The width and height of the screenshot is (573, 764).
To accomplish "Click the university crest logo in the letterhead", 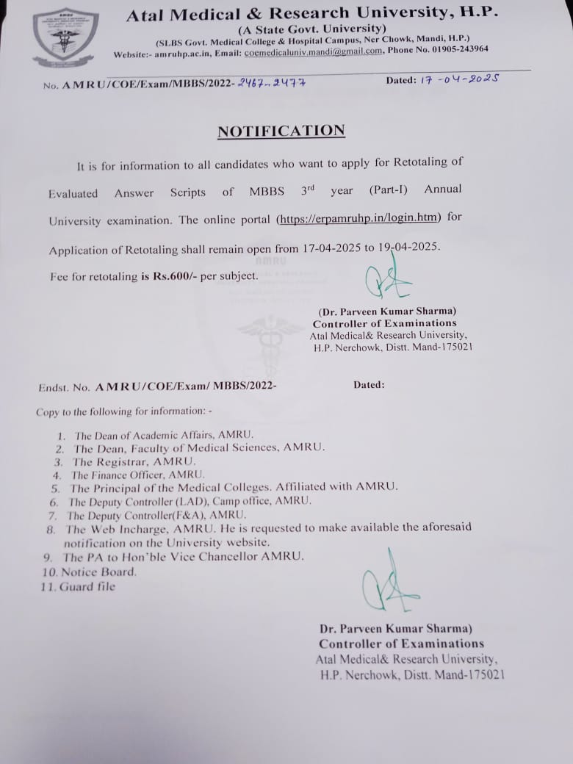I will (65, 37).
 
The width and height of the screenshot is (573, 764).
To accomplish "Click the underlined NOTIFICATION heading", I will (281, 131).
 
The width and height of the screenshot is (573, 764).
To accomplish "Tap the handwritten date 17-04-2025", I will (459, 79).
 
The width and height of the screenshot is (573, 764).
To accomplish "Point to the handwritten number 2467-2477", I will (271, 83).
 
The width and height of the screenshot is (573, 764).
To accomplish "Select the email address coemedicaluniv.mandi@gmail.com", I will (313, 51).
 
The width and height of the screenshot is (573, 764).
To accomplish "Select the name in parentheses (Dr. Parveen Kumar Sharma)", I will (387, 311).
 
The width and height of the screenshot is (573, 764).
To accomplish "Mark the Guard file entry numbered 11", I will (87, 586).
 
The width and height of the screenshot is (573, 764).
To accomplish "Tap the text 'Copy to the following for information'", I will (123, 412).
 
